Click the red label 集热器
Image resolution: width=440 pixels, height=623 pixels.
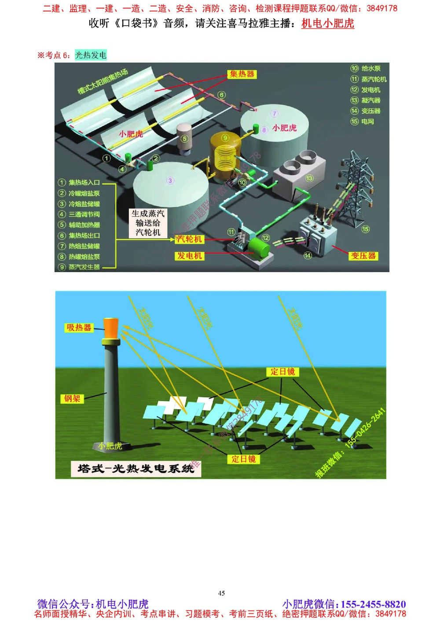[x=242, y=74]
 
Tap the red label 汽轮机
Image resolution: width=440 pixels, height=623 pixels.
[x=189, y=239]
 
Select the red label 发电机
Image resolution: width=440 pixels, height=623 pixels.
[x=189, y=256]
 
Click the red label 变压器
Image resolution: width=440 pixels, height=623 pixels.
[x=363, y=256]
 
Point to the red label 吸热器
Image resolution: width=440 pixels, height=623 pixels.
[x=79, y=328]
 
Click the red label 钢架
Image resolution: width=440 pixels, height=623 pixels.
[x=72, y=398]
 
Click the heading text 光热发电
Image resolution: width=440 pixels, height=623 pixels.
[x=91, y=55]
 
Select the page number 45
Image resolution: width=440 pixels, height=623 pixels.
[x=221, y=593]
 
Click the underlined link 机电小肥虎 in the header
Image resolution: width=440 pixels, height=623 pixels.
[x=328, y=23]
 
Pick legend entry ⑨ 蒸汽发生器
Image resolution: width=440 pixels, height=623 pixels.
[x=80, y=267]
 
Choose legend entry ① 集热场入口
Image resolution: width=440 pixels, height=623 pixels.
[x=80, y=182]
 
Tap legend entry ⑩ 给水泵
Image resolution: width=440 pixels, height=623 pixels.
[x=366, y=68]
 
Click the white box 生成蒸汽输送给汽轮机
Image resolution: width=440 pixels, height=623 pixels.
[x=148, y=223]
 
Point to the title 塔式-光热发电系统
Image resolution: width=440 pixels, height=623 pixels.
[x=136, y=468]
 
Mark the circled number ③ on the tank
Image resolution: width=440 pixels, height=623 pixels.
[x=170, y=181]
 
